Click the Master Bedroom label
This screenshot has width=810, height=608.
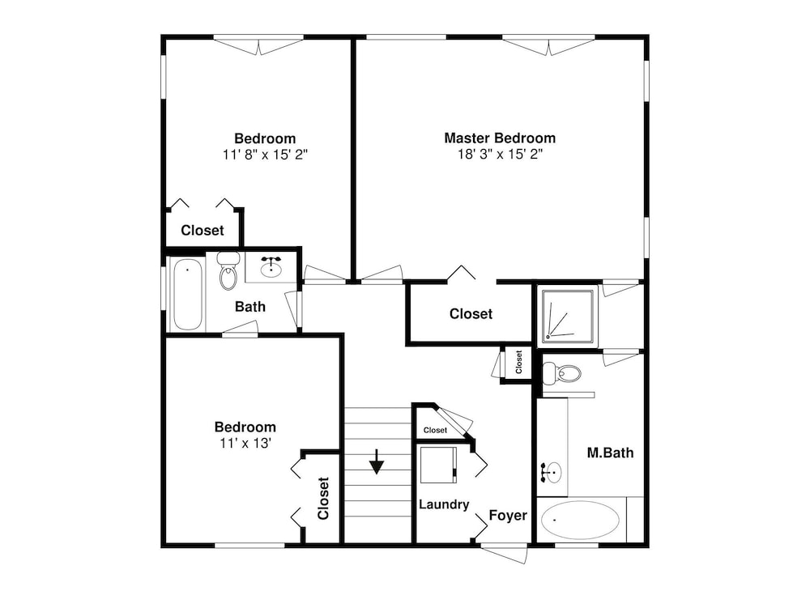tap(500, 138)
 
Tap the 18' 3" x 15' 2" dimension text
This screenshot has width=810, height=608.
tap(500, 154)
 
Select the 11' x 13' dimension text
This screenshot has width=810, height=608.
tap(245, 443)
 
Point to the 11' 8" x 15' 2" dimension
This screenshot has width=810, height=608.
tap(265, 155)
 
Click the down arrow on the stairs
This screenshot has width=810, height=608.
tap(377, 461)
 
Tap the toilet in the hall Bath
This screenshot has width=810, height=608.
tap(228, 270)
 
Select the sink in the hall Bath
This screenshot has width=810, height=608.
tap(271, 267)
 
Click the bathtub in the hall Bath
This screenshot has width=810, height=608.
tap(187, 294)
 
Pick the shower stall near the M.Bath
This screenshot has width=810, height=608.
tap(567, 317)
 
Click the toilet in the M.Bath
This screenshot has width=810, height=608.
tap(561, 372)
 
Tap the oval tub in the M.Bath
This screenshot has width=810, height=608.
tap(580, 520)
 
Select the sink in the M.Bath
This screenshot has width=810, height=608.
tap(552, 472)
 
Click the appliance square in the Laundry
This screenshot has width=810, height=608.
tap(438, 465)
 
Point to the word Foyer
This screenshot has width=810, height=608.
tap(508, 515)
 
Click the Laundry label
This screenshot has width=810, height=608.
tap(444, 504)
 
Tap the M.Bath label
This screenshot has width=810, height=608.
tap(610, 453)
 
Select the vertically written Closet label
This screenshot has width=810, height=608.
tap(323, 498)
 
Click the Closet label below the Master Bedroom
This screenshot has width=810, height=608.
tap(471, 314)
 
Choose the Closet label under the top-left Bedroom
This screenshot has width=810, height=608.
tap(202, 230)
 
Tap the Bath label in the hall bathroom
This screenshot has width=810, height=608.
tap(250, 307)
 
